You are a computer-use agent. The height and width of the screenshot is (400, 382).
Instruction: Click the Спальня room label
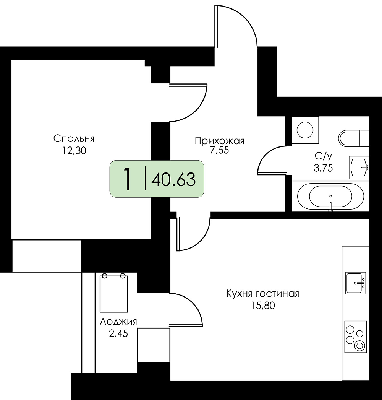click(74, 138)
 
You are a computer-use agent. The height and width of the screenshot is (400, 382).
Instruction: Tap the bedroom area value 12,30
click(74, 151)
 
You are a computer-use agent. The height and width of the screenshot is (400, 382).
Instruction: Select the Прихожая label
click(219, 141)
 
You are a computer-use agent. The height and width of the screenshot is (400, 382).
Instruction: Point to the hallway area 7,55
click(219, 150)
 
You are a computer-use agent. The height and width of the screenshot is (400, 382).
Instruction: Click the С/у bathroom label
click(324, 156)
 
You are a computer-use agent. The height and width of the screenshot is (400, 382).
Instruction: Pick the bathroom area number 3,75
click(324, 168)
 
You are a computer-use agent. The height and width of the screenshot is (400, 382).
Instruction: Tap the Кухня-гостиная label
click(263, 294)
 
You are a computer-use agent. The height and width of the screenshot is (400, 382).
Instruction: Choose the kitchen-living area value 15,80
click(263, 306)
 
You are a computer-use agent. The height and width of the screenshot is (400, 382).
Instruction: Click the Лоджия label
click(118, 322)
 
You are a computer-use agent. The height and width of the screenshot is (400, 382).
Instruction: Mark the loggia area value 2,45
click(118, 333)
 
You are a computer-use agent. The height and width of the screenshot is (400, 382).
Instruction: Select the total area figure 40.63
click(173, 179)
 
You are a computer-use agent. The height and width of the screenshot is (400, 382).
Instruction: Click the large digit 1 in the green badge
click(127, 180)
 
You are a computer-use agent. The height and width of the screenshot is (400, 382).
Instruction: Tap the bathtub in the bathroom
click(330, 196)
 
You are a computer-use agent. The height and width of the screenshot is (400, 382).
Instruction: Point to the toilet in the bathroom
click(353, 138)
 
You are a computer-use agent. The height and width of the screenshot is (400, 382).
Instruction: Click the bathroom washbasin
click(359, 167)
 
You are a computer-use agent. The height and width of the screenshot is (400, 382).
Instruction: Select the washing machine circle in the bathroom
click(305, 130)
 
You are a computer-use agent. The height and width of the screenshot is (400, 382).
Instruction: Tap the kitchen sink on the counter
click(356, 283)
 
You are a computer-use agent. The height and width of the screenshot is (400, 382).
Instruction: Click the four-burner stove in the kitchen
click(356, 337)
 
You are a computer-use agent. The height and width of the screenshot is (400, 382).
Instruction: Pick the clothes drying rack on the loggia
click(114, 293)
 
